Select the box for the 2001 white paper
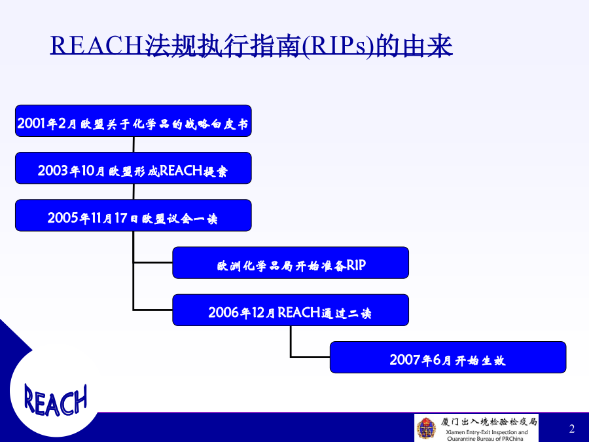coord(134,120)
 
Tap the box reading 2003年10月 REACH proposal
coord(134,168)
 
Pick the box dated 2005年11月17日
coord(134,215)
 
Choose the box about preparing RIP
coord(291,263)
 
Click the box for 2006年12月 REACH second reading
coord(291,310)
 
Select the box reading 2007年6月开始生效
coord(448,358)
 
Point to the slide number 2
coord(572,428)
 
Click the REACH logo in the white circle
coord(56,400)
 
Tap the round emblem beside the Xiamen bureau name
coord(427,428)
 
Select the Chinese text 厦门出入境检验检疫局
coord(489,422)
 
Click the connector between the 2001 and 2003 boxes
coord(134,144)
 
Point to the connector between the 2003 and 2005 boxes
coord(134,192)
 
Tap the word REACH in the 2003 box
coord(181,171)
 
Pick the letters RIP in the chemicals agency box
coord(356,265)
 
